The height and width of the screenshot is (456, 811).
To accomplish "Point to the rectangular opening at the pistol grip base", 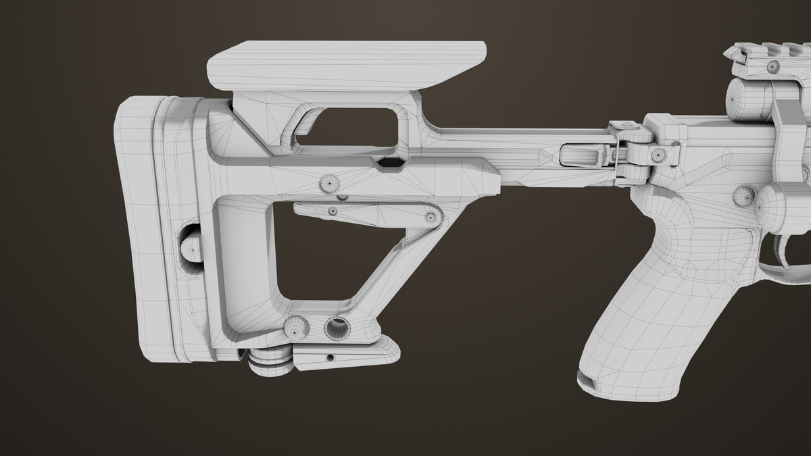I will (x=591, y=382).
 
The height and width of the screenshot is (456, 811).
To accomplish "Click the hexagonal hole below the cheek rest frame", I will (x=390, y=163).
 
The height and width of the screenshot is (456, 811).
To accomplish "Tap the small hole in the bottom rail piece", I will (x=330, y=356).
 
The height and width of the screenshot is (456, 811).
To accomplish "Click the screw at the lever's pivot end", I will (x=430, y=217).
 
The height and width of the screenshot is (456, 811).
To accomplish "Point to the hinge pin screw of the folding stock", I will (x=656, y=155).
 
